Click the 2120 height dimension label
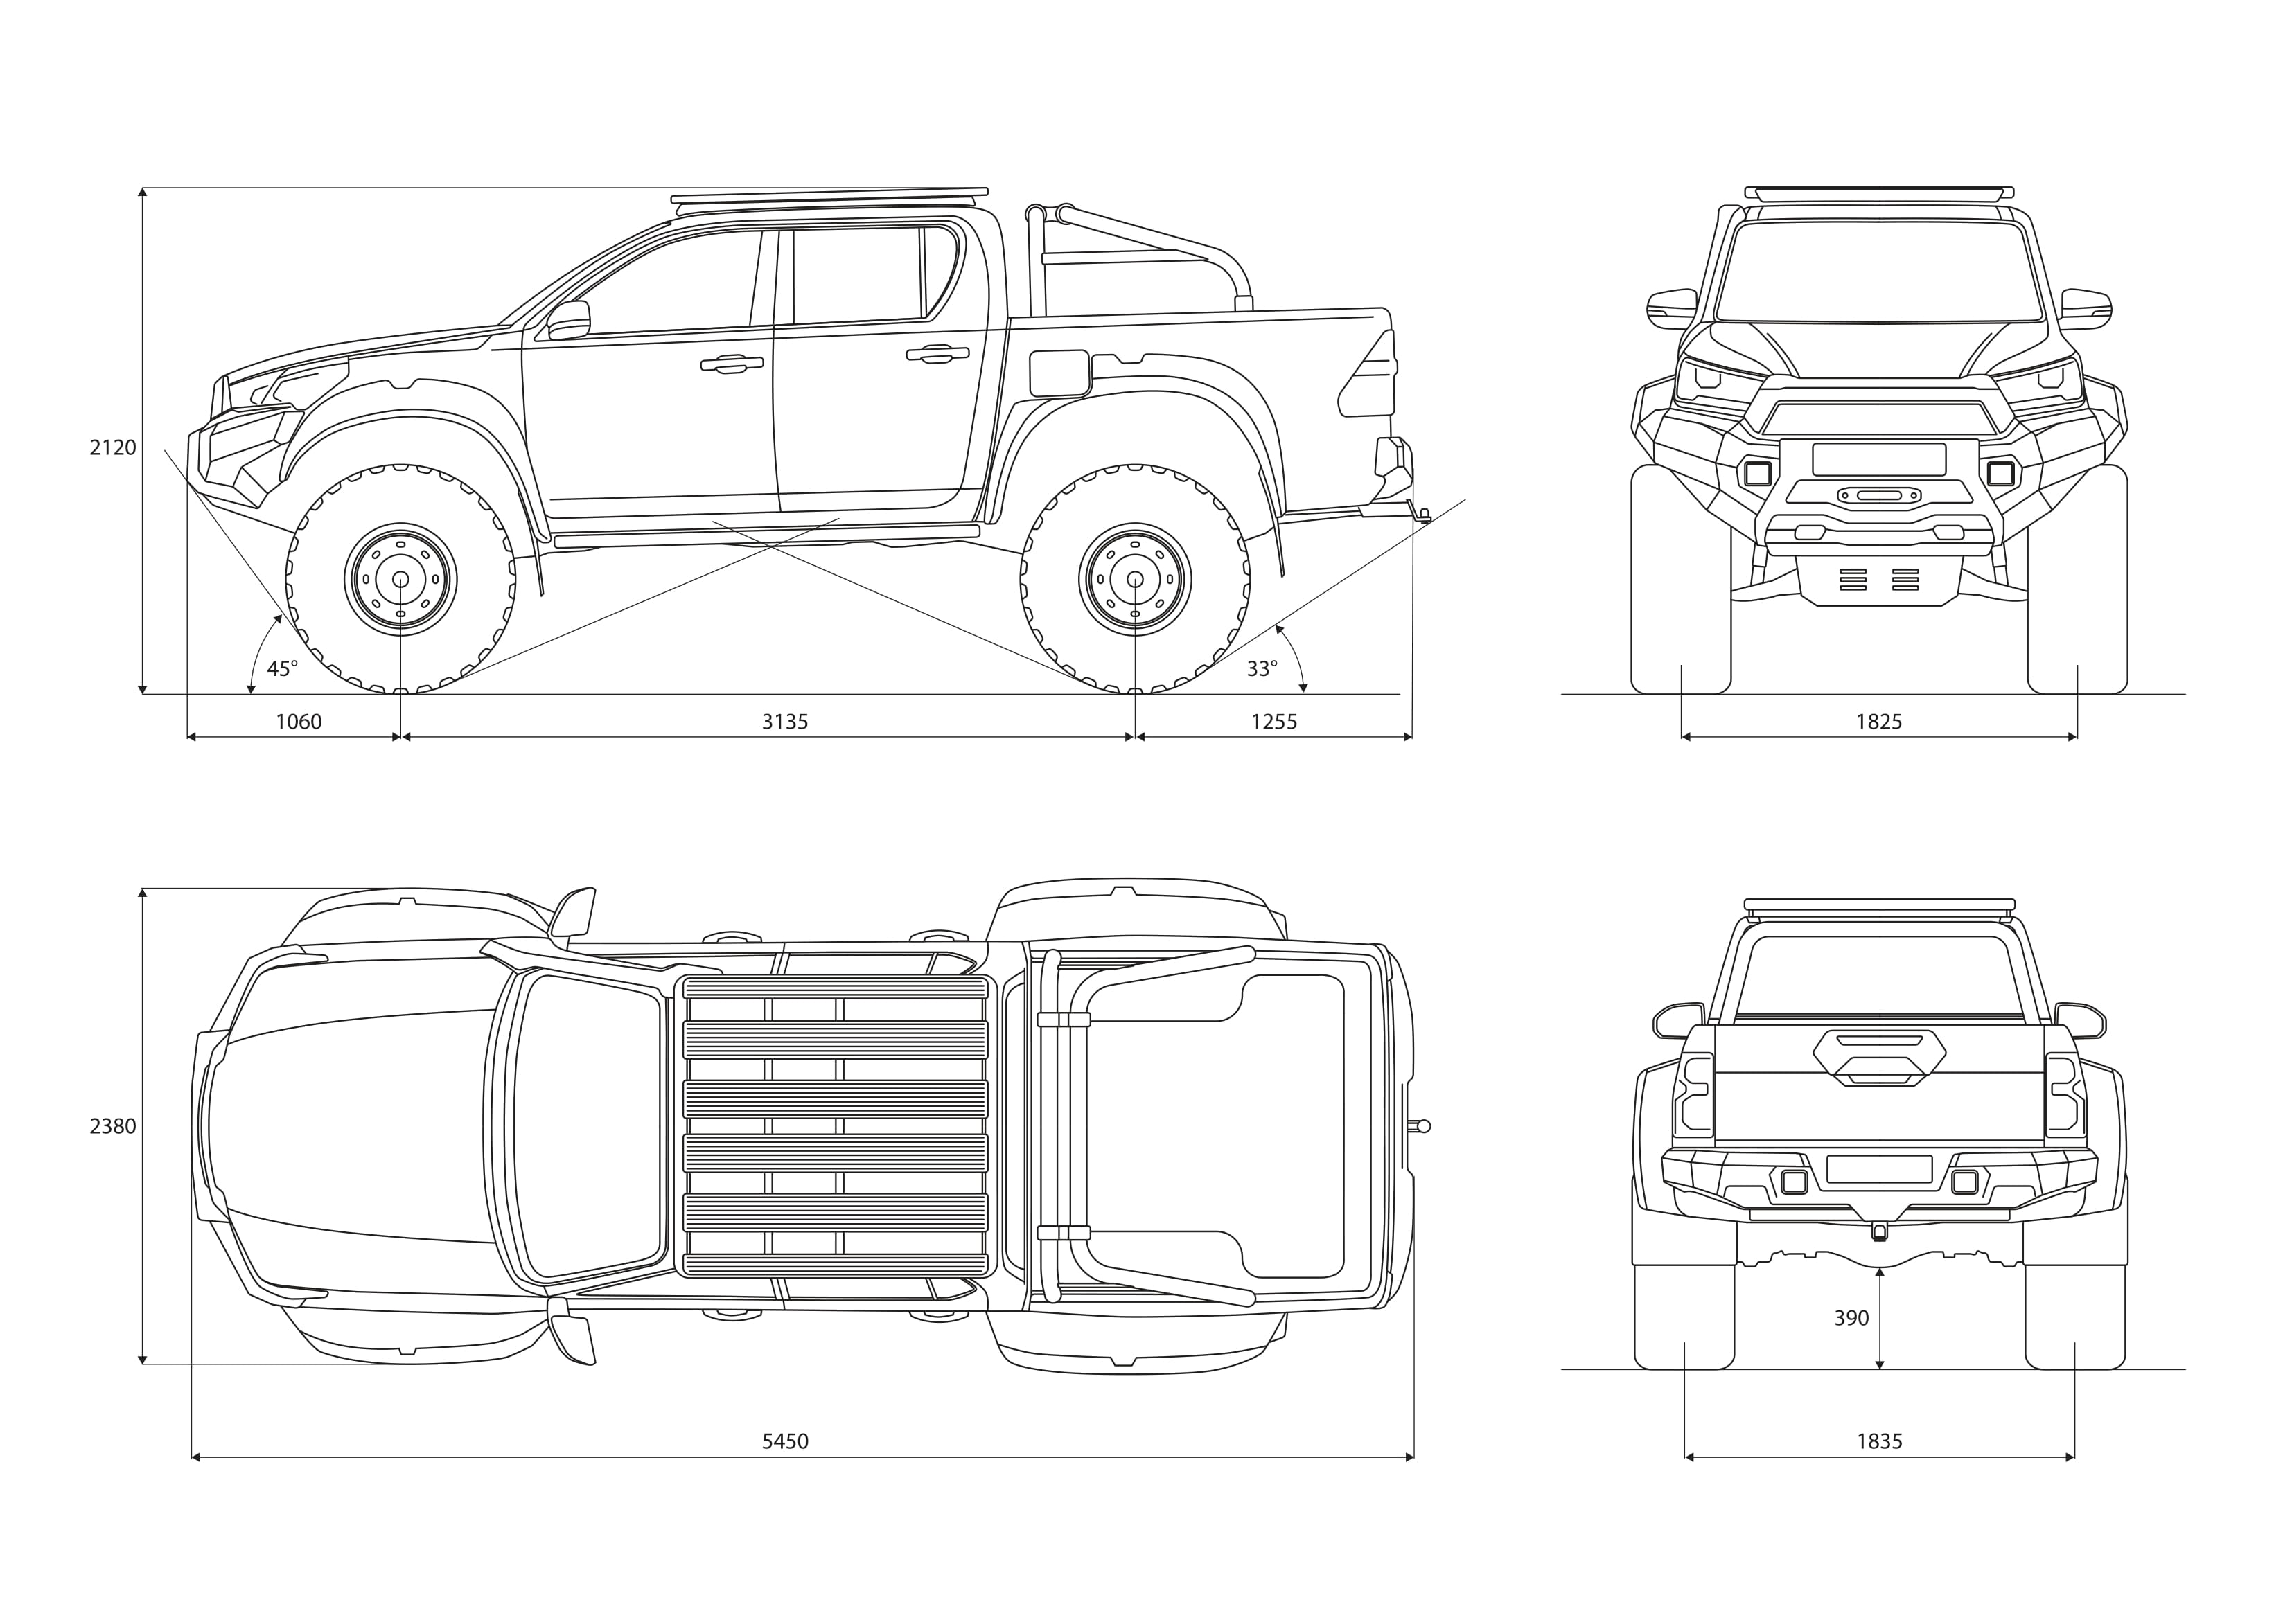(x=113, y=448)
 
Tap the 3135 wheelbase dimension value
(x=784, y=722)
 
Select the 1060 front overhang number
(x=299, y=722)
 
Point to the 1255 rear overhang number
(x=1273, y=722)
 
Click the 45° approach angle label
(x=283, y=669)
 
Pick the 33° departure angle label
(x=1262, y=669)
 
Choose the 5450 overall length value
(x=784, y=1441)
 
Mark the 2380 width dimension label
(x=113, y=1126)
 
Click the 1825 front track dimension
(x=1879, y=722)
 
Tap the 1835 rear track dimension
(x=1879, y=1441)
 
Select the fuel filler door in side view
(x=1059, y=373)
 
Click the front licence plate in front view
(x=1879, y=459)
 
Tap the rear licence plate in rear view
(x=1879, y=1169)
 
